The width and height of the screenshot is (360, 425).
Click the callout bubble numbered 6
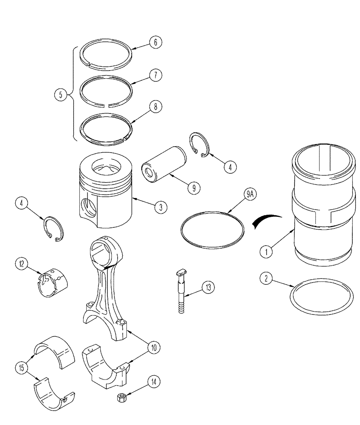155,43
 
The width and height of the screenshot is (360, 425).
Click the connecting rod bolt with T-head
181,292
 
